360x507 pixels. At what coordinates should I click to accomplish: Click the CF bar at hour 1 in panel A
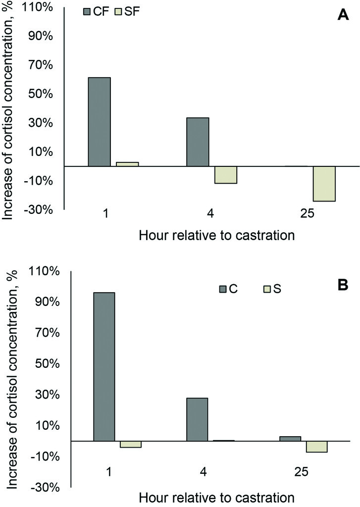(x=99, y=122)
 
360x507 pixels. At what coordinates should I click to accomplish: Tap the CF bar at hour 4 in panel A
(x=198, y=142)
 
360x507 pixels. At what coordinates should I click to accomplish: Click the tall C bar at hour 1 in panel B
(x=104, y=366)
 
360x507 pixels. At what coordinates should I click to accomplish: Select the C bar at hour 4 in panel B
(x=197, y=419)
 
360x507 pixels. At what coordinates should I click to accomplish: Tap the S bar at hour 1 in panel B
(x=131, y=444)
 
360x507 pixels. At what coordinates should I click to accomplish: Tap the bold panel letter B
(x=341, y=286)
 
